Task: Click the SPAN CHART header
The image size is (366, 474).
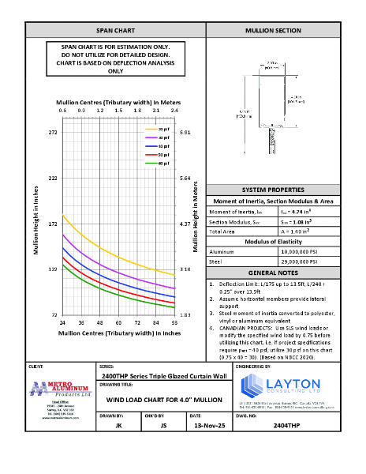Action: coord(115,30)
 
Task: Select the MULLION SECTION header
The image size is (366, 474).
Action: coord(273,30)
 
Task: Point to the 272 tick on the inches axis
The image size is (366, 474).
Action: coord(53,133)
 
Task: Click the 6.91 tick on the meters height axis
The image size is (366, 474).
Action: coord(185,133)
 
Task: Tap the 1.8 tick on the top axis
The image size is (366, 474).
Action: coord(136,111)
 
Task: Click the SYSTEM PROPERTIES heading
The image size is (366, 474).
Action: coord(273,191)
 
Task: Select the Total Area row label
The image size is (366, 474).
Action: coord(222,231)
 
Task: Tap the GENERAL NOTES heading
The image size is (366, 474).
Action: coord(273,270)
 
